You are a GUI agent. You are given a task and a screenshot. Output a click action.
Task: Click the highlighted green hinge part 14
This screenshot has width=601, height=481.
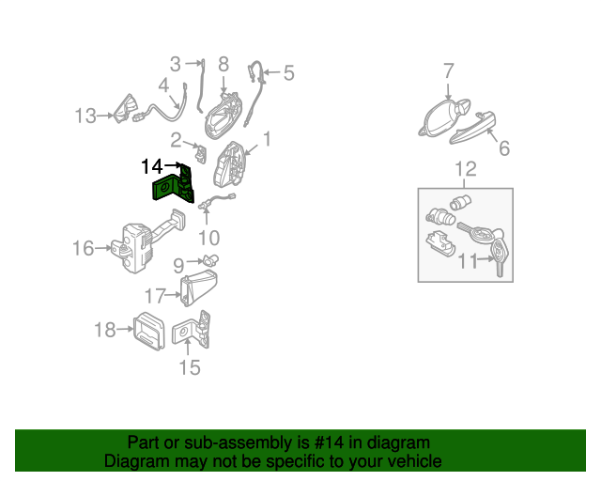[x=173, y=185]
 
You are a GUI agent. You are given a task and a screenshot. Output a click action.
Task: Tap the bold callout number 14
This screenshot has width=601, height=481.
[x=152, y=166]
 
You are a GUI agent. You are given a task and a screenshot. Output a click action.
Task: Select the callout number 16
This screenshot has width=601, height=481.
[x=84, y=248]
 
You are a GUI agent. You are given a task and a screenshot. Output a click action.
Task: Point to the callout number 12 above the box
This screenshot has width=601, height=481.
[x=466, y=169]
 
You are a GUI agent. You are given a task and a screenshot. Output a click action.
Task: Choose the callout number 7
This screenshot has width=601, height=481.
[x=449, y=71]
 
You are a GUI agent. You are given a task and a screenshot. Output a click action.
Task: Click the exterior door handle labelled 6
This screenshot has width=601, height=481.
[x=472, y=128]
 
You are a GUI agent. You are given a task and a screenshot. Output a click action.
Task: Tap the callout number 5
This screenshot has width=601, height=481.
[x=289, y=73]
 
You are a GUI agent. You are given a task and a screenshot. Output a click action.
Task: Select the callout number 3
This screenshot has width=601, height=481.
[x=176, y=64]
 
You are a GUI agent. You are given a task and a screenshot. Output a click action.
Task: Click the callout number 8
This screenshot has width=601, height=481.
[x=223, y=64]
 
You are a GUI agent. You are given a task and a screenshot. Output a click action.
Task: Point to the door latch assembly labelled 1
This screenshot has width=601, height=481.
[x=229, y=164]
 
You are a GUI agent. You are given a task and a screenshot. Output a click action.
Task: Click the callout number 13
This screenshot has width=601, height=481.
[x=85, y=116]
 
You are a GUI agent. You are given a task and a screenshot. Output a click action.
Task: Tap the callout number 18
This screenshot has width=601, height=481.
[x=104, y=330]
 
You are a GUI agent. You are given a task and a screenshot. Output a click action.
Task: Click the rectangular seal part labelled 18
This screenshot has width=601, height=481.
[x=148, y=331]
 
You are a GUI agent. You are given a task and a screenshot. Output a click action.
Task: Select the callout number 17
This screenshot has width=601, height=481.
[x=155, y=296]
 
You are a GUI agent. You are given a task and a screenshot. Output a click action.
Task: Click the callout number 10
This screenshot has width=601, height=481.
[x=208, y=238]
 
